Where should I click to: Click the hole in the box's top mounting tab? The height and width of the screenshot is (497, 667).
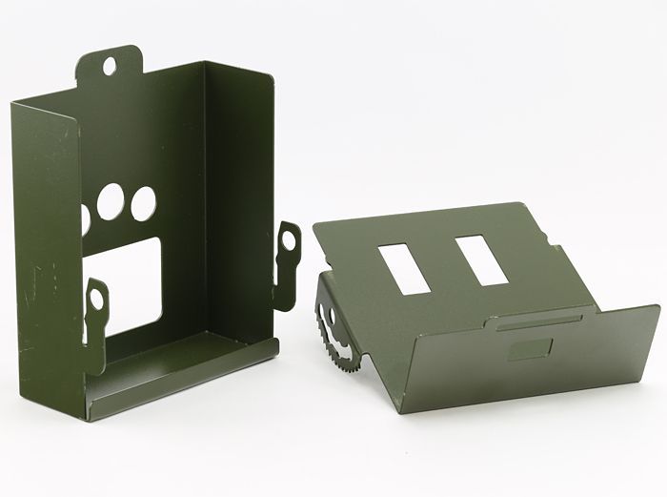(111, 65)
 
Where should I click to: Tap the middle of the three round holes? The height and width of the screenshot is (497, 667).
(112, 201)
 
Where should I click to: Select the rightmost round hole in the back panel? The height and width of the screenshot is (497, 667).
(143, 203)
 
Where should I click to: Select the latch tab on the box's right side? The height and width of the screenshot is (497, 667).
(287, 250)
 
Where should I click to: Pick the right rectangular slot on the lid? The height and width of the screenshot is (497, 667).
(478, 259)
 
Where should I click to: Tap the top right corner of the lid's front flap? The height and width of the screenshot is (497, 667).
(658, 308)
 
